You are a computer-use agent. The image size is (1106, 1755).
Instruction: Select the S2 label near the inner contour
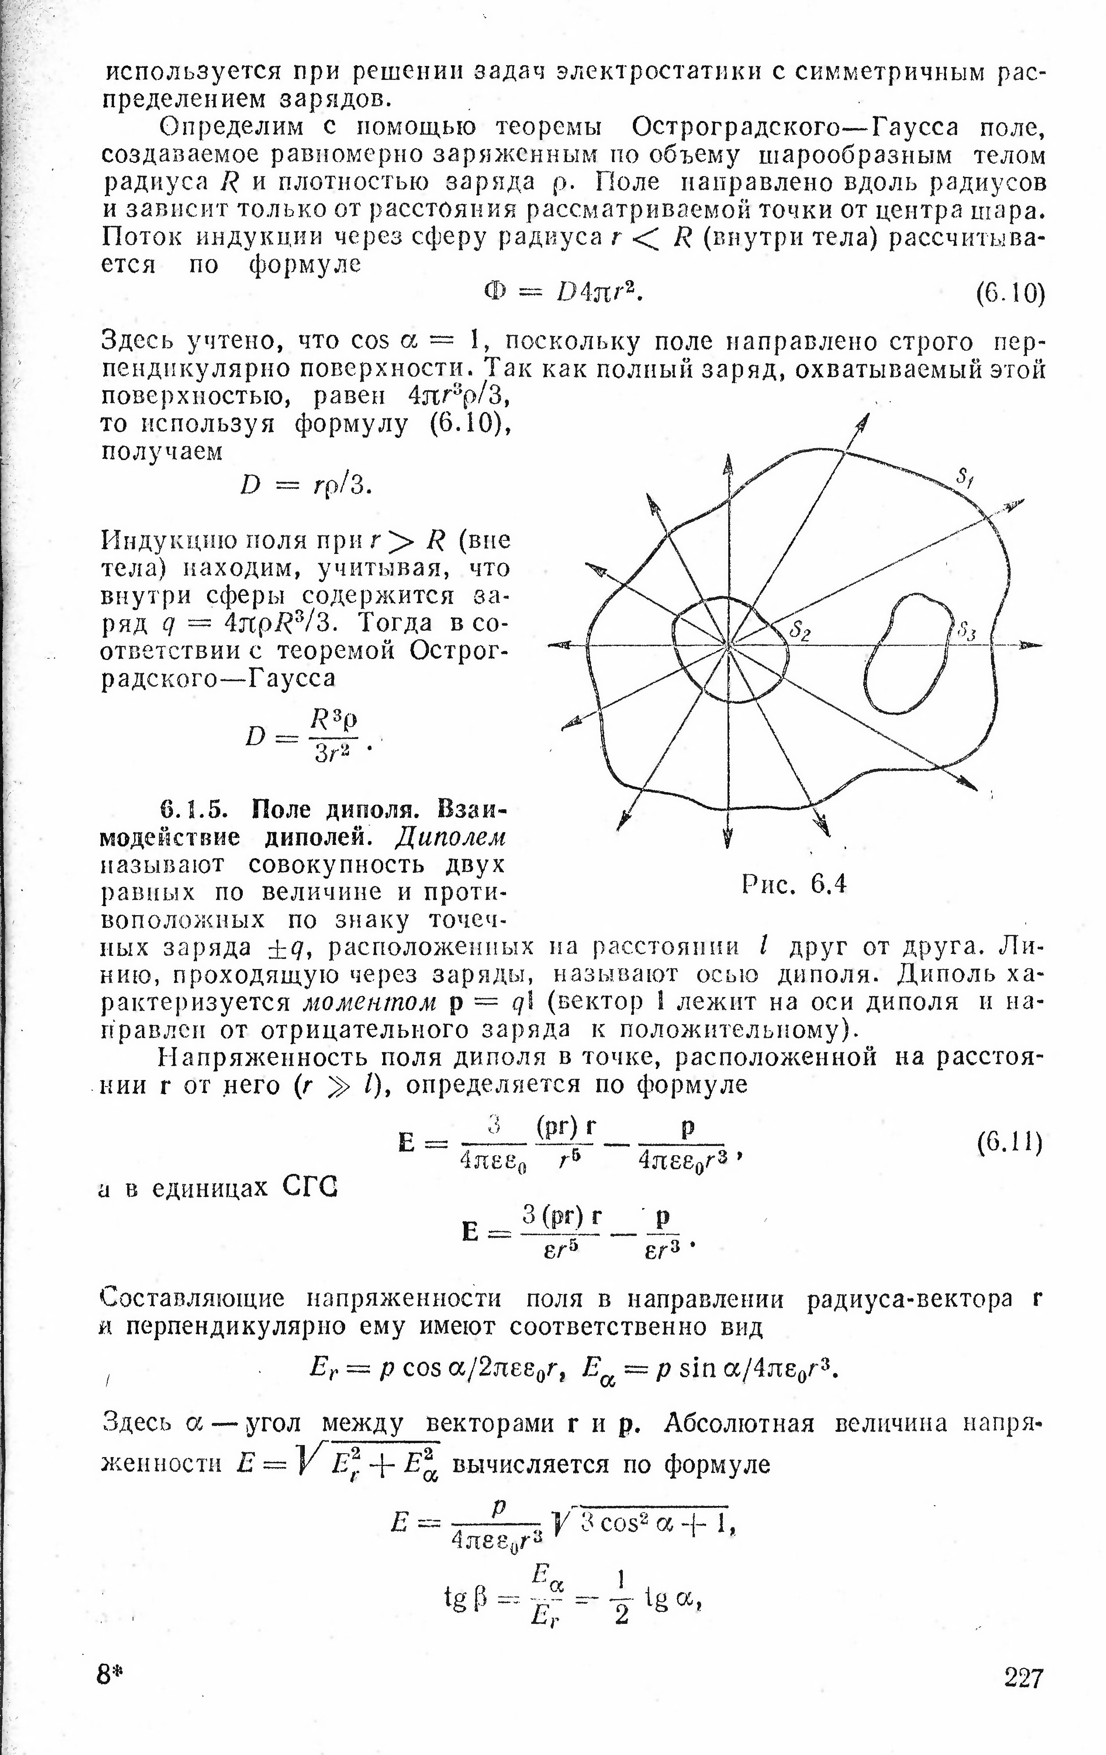(x=800, y=631)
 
